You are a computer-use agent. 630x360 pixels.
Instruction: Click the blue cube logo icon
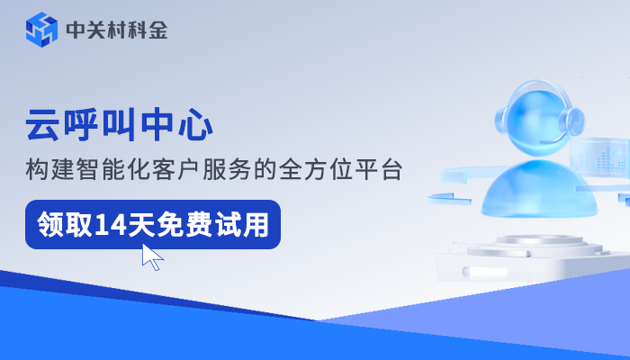[40, 30]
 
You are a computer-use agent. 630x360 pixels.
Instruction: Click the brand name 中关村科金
[117, 31]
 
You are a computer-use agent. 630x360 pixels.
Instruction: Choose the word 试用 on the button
[243, 224]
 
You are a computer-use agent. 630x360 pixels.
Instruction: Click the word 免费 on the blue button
[191, 224]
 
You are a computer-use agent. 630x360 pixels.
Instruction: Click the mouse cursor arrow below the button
[152, 257]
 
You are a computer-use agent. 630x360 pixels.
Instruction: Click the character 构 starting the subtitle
[35, 169]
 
